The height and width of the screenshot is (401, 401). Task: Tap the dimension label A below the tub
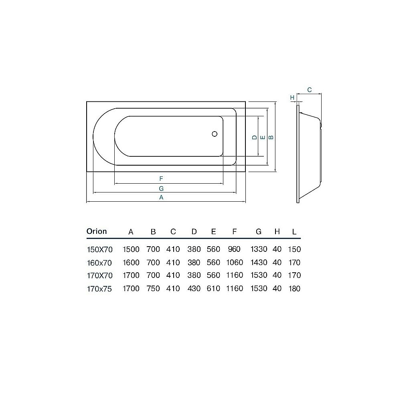(161, 197)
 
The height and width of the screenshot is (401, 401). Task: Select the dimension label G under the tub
(161, 188)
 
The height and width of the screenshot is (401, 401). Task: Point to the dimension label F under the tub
(161, 178)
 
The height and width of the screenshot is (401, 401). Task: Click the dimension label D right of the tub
(254, 138)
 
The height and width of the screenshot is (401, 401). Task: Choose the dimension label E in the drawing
(262, 138)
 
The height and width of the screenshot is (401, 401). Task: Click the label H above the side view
(292, 97)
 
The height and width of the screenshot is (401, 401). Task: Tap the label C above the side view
(310, 90)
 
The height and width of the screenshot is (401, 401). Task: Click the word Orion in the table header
(97, 231)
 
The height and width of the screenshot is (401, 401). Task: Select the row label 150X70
(100, 249)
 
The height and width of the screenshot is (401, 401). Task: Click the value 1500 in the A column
(131, 249)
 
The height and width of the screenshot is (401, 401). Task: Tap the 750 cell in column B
(153, 289)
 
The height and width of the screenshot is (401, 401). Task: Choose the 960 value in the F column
(234, 249)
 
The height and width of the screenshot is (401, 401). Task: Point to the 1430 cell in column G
(259, 263)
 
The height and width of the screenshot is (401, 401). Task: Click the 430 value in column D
(194, 289)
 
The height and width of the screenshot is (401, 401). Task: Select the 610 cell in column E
(213, 289)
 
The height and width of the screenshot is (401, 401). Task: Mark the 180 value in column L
(294, 289)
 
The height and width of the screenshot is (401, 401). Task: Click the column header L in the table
(294, 232)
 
